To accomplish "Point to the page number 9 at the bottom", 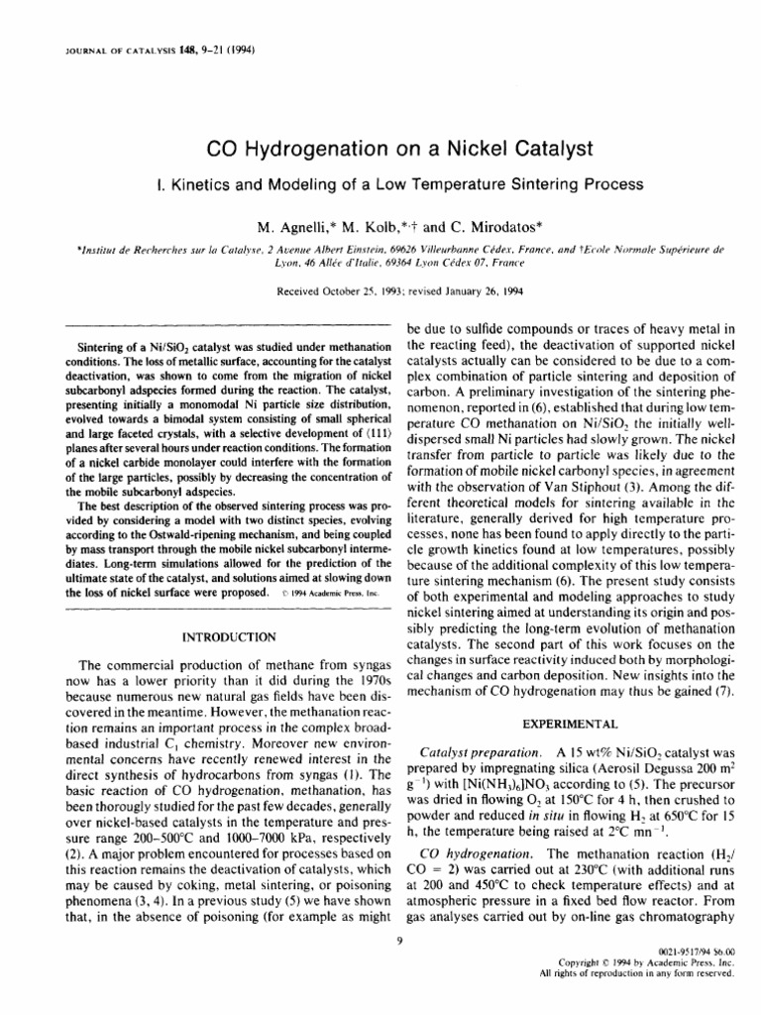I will (x=395, y=941).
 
